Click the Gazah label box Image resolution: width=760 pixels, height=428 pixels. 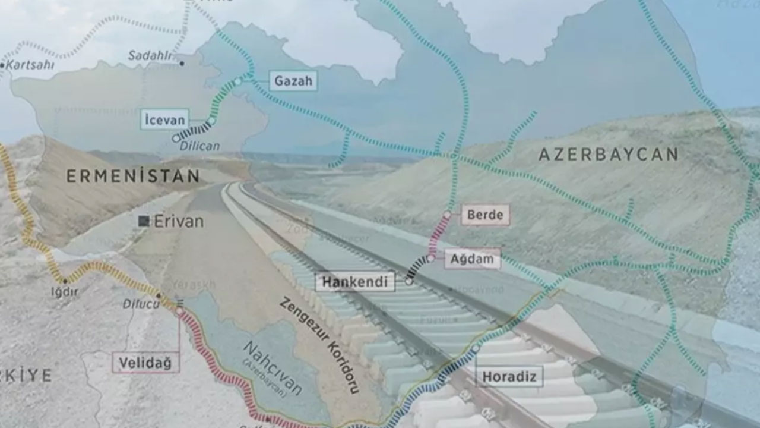click(x=293, y=81)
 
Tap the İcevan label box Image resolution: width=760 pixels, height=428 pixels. click(x=164, y=119)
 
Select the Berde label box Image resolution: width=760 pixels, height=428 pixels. click(x=485, y=215)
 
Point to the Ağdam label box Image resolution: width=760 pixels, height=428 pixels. click(x=472, y=259)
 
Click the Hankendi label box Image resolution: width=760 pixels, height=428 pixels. click(x=355, y=281)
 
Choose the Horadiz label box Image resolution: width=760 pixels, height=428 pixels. click(x=509, y=376)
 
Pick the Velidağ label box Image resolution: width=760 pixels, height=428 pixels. click(x=145, y=363)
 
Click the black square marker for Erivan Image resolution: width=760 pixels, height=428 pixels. click(x=144, y=221)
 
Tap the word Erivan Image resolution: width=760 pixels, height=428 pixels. click(x=178, y=222)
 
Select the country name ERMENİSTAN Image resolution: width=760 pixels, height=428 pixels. click(x=133, y=176)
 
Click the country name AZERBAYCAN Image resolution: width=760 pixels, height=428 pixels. click(x=608, y=155)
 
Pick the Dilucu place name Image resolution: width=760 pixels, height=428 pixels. click(x=141, y=304)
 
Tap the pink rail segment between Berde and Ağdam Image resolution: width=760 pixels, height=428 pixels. click(x=439, y=235)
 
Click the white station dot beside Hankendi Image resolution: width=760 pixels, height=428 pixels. click(x=409, y=281)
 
